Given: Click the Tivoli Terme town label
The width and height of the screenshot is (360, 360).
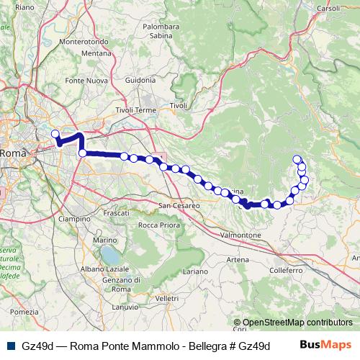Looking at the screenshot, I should (135, 110).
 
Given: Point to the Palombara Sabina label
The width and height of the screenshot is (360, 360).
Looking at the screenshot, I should (161, 30).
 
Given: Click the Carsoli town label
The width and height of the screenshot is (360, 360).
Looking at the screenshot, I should (328, 8).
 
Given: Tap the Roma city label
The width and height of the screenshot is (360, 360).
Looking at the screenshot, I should (13, 153).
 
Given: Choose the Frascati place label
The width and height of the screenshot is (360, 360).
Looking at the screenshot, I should (116, 214).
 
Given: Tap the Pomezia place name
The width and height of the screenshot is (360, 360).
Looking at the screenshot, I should (24, 312).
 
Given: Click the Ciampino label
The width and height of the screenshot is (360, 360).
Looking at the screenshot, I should (73, 218).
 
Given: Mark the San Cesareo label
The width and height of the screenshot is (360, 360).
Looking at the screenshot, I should (179, 205).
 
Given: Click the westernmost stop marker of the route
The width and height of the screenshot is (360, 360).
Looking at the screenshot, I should (55, 133).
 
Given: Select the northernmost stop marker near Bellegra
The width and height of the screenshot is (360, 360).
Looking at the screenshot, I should (297, 158).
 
